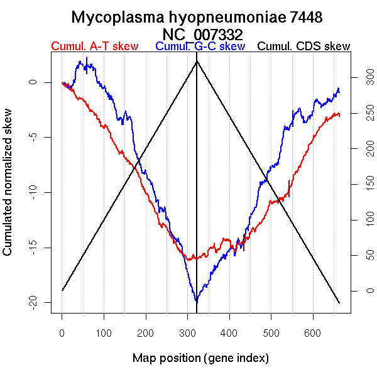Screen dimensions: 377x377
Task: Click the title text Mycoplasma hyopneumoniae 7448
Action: tap(197, 17)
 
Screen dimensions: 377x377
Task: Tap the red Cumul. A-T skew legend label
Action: tap(94, 46)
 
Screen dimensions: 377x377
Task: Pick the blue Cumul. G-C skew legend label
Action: tap(200, 46)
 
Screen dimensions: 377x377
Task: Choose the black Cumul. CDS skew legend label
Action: tap(304, 46)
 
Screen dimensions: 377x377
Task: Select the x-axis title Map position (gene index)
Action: tap(200, 358)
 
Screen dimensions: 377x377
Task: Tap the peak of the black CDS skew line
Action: tap(197, 61)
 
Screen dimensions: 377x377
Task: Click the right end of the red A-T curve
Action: tap(339, 114)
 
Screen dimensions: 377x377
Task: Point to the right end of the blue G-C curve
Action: tap(339, 89)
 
